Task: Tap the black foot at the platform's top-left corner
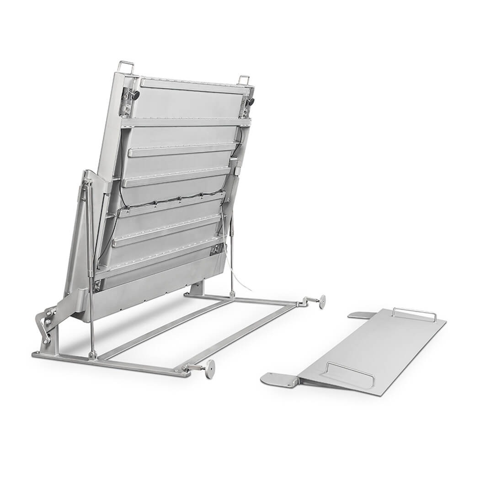pyautogui.click(x=134, y=95)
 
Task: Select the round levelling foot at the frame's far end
pyautogui.click(x=322, y=301)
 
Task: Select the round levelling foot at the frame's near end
pyautogui.click(x=209, y=368)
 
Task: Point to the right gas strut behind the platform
pyautogui.click(x=232, y=256)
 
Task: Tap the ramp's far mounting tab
pyautogui.click(x=361, y=315)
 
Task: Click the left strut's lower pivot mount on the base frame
pyautogui.click(x=93, y=354)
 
